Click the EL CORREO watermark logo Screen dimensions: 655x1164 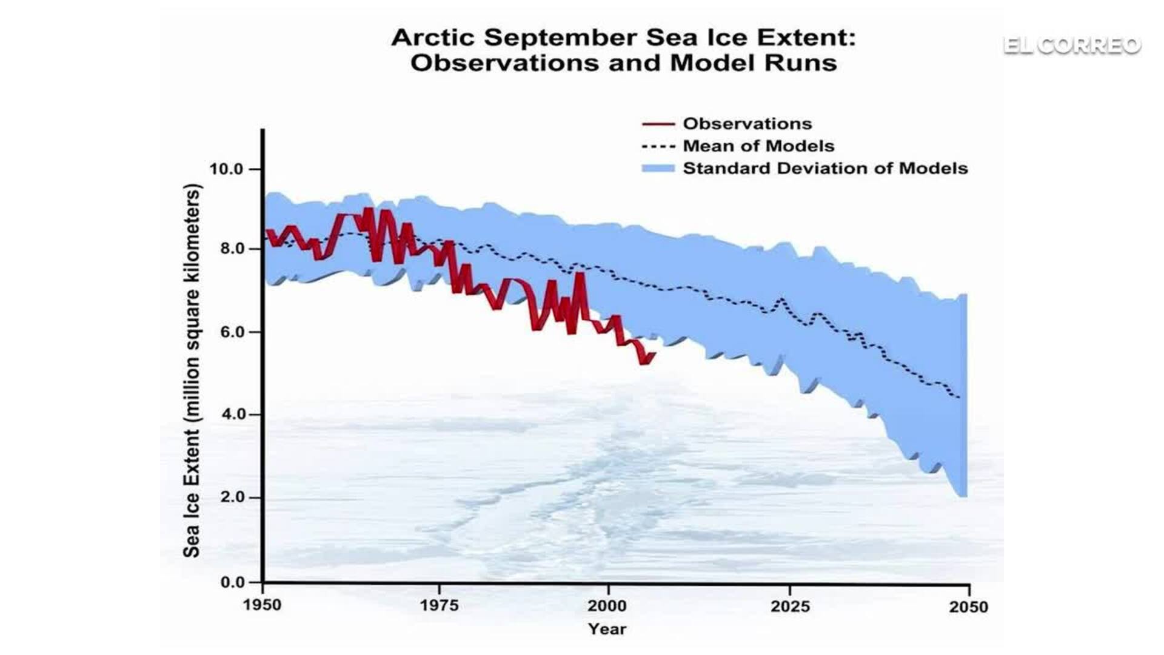tap(1072, 45)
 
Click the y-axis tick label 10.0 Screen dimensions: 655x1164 tap(226, 169)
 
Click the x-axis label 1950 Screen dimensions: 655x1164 tap(262, 605)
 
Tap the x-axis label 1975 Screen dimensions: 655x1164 tap(439, 605)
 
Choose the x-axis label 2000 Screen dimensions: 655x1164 tap(607, 605)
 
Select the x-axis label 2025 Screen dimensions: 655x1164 tap(790, 606)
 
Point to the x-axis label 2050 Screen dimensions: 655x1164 tap(968, 606)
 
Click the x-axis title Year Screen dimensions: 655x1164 tap(607, 629)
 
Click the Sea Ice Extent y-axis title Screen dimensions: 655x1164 tap(192, 370)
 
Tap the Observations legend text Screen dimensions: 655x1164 tap(747, 124)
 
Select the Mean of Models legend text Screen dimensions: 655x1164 tap(758, 146)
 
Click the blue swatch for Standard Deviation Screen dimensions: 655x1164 tap(658, 169)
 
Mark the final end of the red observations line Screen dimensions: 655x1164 tap(654, 355)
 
